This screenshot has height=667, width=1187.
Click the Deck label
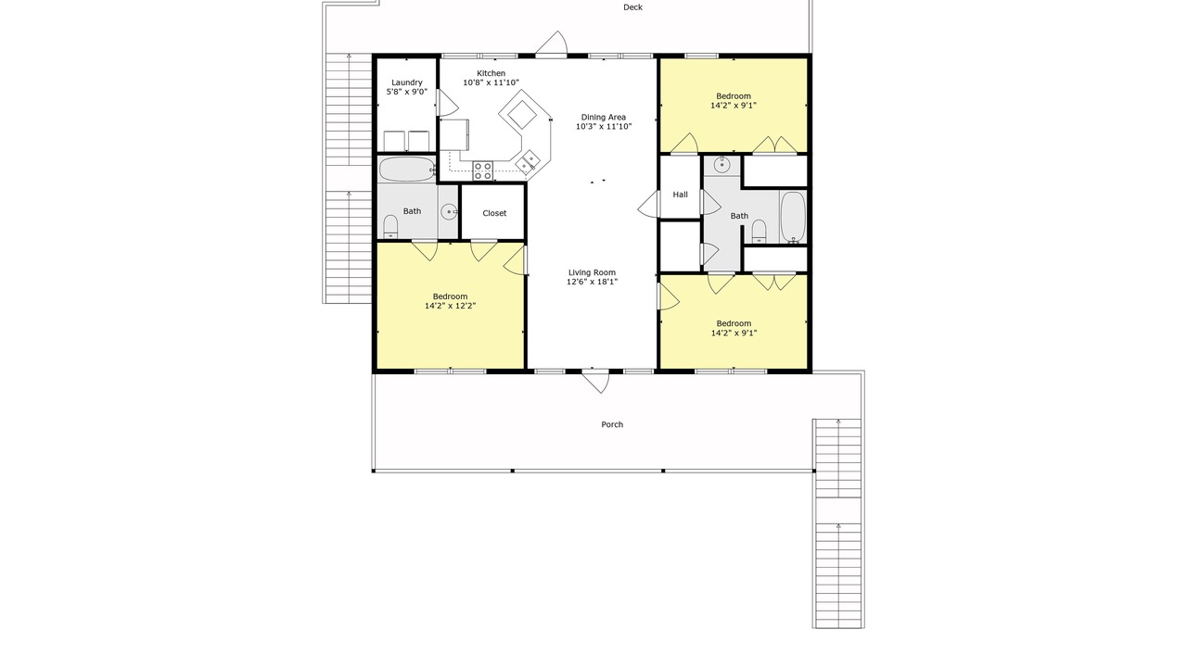click(632, 7)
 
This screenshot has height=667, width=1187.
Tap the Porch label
click(612, 424)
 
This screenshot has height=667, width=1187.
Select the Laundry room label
click(407, 82)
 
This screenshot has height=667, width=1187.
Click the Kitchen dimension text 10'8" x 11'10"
click(491, 82)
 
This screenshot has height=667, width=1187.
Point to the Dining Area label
click(604, 117)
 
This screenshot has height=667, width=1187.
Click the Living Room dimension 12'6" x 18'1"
click(592, 282)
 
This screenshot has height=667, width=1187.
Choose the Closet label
click(494, 213)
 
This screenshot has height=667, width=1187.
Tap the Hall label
click(681, 195)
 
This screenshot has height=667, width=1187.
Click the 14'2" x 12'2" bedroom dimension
click(451, 306)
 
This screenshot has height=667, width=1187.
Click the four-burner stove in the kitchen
click(483, 171)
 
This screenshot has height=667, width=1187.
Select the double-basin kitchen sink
click(528, 161)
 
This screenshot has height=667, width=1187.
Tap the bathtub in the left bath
click(407, 170)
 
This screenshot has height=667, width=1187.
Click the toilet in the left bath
click(390, 227)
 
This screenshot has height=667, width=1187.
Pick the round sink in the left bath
click(450, 212)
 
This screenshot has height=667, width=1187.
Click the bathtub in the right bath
click(793, 217)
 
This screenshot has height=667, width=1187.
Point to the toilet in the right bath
click(759, 232)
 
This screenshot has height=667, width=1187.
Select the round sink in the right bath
click(721, 165)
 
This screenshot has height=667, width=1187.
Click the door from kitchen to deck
click(551, 44)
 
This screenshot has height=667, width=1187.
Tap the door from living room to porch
click(595, 383)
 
